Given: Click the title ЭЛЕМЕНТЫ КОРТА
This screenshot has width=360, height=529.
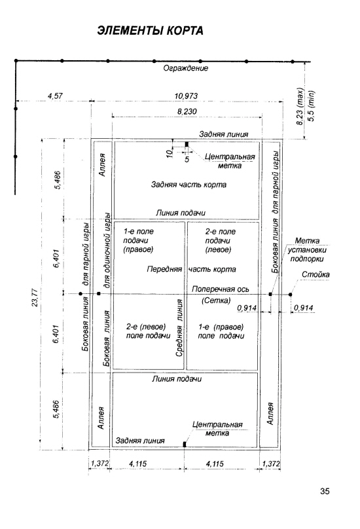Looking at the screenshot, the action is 150,31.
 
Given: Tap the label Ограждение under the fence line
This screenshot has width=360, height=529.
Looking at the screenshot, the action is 186,69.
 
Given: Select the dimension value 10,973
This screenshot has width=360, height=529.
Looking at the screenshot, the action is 186,96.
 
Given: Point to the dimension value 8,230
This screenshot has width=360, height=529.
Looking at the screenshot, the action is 187,112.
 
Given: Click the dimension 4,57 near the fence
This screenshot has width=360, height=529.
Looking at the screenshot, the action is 55,96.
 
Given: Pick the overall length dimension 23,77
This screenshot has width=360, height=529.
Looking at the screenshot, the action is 35,297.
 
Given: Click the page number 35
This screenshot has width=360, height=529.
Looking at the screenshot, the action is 325,491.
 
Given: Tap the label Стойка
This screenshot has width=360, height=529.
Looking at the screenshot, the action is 315,274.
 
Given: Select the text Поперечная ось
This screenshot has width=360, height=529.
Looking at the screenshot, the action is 221,289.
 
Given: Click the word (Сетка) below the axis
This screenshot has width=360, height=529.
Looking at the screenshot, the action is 216,301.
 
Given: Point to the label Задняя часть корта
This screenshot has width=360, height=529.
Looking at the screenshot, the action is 189,185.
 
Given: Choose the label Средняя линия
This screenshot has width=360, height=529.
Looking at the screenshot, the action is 179,328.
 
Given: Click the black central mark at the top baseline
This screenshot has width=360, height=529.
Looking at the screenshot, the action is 187,145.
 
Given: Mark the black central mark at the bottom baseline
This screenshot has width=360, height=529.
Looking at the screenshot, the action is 185,445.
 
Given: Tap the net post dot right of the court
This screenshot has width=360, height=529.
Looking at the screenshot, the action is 290,295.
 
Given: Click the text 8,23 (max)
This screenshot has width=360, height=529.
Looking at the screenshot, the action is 300,107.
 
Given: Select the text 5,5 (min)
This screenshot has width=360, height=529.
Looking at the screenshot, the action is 311,106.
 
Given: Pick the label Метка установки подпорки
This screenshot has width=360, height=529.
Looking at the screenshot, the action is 307,250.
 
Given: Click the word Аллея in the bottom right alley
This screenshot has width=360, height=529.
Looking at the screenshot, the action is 270,413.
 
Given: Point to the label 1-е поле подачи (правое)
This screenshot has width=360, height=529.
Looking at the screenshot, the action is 138,240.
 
